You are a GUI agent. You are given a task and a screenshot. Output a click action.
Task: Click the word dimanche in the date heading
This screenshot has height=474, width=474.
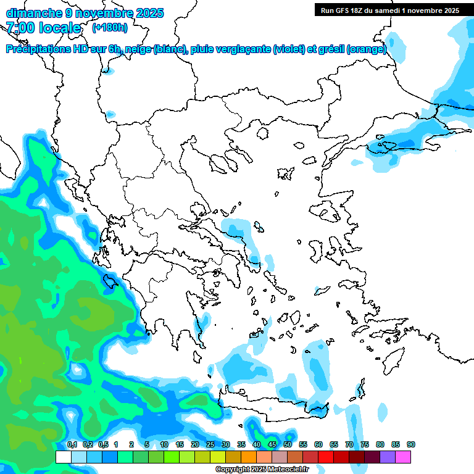[34, 13]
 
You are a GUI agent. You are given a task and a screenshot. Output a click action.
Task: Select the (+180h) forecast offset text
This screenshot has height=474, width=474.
[110, 28]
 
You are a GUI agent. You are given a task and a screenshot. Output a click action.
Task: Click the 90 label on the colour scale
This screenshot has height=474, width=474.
[411, 444]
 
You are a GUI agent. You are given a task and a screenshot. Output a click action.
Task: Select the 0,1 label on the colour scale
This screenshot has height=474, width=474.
[72, 444]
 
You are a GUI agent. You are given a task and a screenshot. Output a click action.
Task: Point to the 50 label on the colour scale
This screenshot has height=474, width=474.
[288, 444]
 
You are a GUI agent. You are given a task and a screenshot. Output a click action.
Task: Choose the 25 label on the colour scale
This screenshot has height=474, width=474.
[210, 444]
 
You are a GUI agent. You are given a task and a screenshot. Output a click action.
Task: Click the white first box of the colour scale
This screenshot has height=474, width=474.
[63, 457]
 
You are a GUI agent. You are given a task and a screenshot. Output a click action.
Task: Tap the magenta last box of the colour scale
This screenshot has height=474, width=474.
[403, 457]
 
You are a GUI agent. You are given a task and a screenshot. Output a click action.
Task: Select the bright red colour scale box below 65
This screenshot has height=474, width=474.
[326, 457]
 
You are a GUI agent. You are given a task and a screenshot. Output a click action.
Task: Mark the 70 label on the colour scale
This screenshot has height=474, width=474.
[349, 444]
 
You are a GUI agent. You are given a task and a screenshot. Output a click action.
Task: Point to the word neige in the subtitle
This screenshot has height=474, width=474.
[139, 49]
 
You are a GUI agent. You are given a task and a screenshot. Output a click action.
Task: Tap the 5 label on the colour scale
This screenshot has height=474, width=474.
[147, 444]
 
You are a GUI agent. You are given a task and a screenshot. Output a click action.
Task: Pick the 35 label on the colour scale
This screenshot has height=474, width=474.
[241, 444]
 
